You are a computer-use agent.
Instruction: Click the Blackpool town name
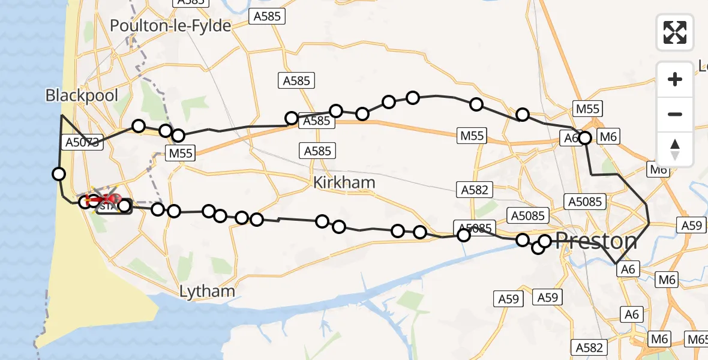(82, 95)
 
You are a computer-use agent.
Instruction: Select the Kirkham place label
(344, 182)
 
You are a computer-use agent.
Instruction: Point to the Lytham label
(208, 292)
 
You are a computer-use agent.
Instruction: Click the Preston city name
(596, 241)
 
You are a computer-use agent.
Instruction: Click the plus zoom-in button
(675, 79)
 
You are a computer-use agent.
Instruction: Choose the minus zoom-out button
(675, 114)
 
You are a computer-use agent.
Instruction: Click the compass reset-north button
(675, 149)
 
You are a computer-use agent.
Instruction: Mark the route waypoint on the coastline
(59, 174)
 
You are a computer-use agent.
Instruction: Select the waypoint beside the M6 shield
(585, 138)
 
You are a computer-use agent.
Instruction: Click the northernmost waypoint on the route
(413, 97)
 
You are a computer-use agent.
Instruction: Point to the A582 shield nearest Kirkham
(474, 190)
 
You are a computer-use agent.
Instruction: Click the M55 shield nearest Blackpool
(181, 154)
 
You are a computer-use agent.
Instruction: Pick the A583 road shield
(188, 2)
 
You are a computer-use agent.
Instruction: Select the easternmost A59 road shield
(692, 226)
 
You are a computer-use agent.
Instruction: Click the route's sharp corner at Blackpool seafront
(61, 114)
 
